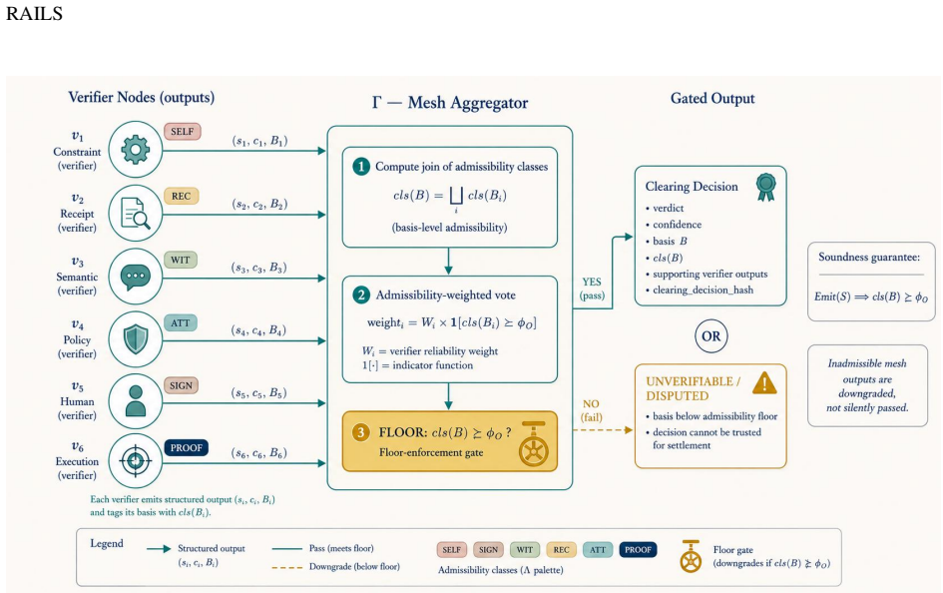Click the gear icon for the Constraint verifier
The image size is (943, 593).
click(136, 150)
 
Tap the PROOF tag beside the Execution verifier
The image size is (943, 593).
click(186, 448)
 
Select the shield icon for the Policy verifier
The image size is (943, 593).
click(136, 339)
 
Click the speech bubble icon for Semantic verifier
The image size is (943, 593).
click(136, 278)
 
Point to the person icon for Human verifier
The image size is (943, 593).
click(136, 401)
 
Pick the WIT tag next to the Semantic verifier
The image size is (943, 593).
click(181, 260)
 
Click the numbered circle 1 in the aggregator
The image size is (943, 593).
click(361, 167)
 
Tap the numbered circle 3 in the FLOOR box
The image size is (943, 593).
click(361, 432)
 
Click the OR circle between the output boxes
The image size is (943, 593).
click(710, 336)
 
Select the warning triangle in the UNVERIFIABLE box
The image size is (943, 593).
click(764, 383)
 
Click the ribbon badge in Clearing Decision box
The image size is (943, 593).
click(765, 187)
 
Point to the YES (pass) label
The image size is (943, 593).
click(592, 289)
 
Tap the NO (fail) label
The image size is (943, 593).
click(591, 410)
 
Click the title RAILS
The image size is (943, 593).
click(34, 13)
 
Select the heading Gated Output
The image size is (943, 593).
click(712, 99)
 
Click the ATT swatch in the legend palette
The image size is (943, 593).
click(598, 550)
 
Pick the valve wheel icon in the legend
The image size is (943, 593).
click(691, 556)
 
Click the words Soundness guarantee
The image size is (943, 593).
click(869, 257)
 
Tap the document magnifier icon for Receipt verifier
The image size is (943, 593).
click(136, 214)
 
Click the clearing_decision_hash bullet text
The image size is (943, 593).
click(704, 290)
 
